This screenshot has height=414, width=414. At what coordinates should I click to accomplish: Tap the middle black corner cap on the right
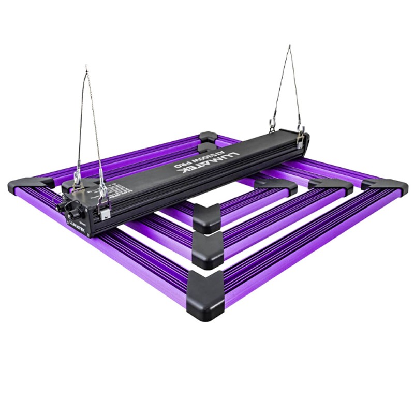pos(331,186)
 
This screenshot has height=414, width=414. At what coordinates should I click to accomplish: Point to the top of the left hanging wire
pos(86,67)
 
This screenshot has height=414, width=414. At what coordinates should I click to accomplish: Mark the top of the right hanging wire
pos(290,47)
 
